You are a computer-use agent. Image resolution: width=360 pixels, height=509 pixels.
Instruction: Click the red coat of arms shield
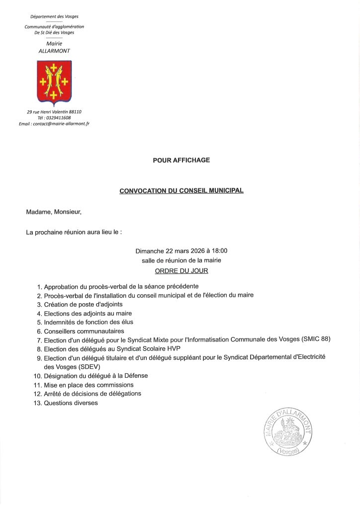[54, 81]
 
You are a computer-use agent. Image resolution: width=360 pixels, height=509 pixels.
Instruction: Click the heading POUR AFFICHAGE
[181, 160]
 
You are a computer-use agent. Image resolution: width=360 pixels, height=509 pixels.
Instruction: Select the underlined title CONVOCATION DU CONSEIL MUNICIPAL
[181, 190]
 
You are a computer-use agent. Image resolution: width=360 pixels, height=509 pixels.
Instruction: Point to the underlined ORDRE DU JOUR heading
[181, 271]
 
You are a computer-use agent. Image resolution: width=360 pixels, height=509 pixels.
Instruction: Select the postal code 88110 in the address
[75, 112]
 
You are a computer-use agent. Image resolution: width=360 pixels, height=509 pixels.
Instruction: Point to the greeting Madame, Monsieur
[54, 212]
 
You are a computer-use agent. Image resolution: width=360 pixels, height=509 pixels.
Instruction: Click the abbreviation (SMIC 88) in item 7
[316, 339]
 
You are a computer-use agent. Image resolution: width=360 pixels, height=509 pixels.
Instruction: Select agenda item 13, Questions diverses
[71, 403]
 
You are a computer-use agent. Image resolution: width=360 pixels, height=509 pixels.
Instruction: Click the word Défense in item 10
[135, 376]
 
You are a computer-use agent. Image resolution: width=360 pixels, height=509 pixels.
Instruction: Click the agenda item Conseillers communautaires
[84, 331]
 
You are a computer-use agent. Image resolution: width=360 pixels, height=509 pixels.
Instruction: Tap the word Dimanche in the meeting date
[149, 251]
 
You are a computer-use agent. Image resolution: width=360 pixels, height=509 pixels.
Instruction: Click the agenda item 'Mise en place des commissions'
[89, 385]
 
